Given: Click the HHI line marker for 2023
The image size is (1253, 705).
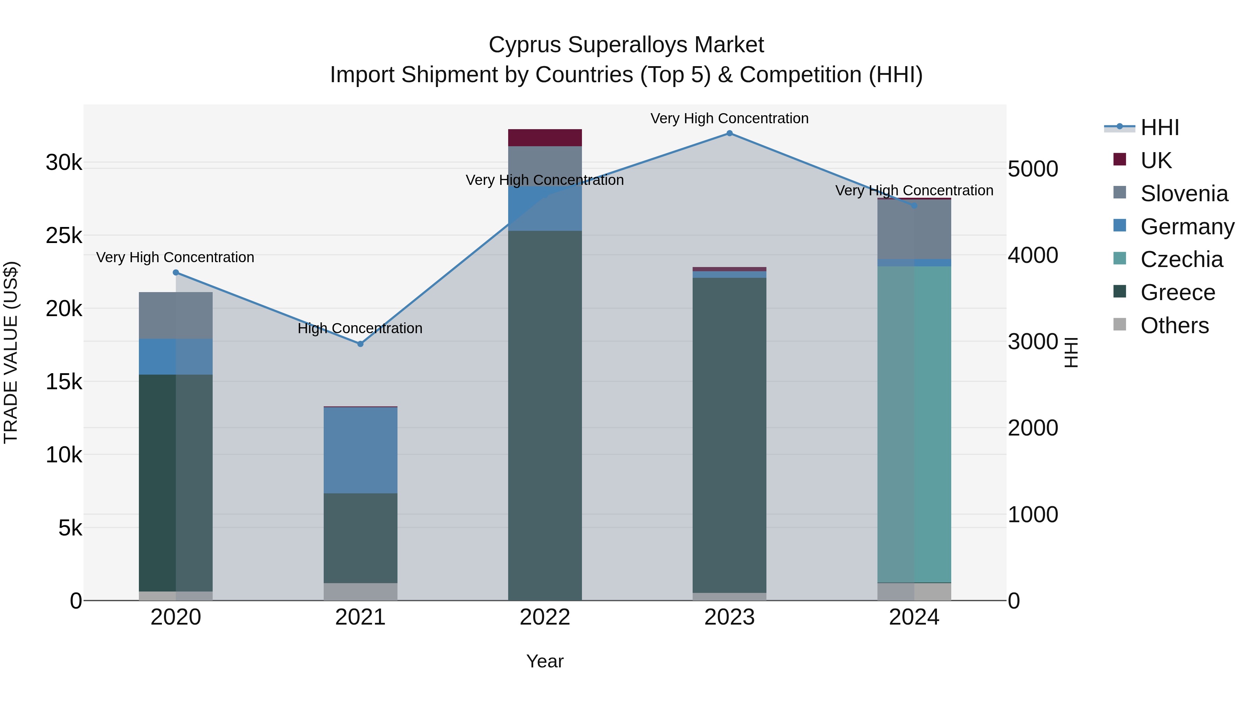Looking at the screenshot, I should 729,133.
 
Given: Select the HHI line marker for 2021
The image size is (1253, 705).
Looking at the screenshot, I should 361,344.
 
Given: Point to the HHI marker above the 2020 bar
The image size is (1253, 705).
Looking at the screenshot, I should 176,273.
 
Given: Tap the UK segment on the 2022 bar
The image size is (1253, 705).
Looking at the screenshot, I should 545,138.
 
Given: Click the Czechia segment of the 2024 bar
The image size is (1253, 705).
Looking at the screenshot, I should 914,423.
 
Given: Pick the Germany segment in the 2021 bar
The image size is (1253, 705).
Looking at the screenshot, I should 361,450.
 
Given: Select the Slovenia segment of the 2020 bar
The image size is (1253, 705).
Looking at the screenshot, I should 176,315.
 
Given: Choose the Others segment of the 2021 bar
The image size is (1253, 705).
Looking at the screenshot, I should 361,591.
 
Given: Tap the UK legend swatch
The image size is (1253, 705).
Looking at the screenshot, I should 1120,159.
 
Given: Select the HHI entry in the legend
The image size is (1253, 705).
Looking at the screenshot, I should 1160,127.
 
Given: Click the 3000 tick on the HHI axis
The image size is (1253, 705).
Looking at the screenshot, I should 1033,342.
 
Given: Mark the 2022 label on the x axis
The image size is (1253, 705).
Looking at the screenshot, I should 545,617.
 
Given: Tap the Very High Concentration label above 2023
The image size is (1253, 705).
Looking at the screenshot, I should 729,118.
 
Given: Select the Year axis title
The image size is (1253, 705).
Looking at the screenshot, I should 545,661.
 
